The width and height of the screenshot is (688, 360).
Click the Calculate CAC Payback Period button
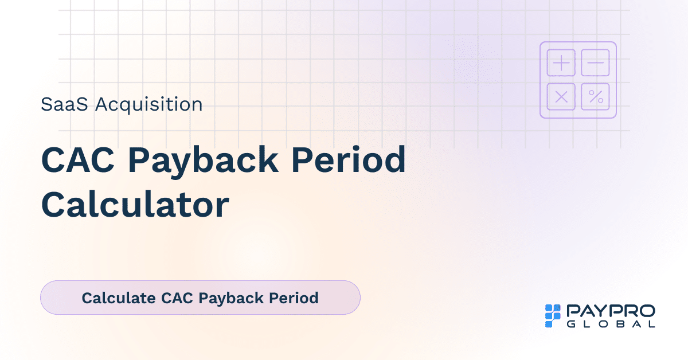(x=200, y=298)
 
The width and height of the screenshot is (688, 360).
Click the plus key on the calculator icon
(x=561, y=62)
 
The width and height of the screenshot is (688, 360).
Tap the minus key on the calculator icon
(x=595, y=62)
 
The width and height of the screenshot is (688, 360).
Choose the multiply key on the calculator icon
(x=561, y=97)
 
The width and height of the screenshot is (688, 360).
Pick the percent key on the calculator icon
(x=595, y=97)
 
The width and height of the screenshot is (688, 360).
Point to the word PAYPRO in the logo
(x=611, y=311)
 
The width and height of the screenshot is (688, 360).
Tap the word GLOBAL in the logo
(x=611, y=324)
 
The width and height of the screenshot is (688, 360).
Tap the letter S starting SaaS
(x=46, y=104)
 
